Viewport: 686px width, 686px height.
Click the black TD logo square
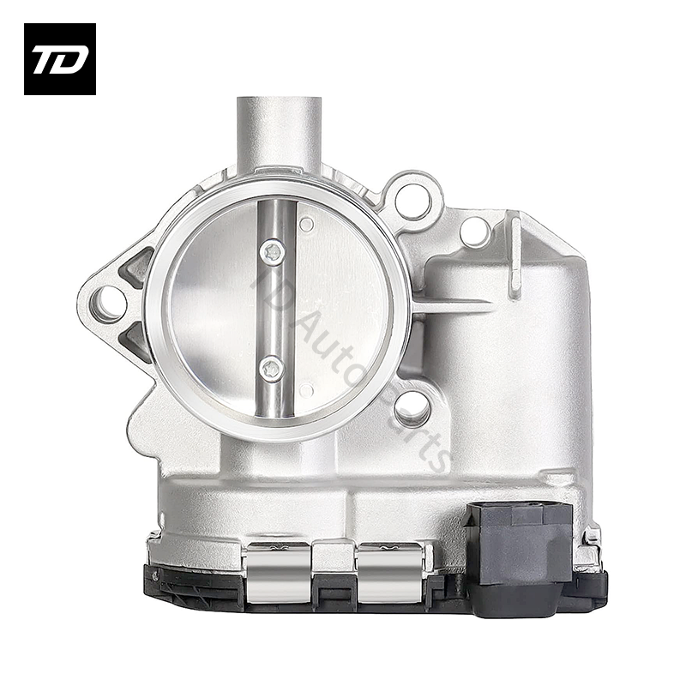coord(59,58)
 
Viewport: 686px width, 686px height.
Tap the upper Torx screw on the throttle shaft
coord(273,250)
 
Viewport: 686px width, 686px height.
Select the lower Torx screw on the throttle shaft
coord(270,368)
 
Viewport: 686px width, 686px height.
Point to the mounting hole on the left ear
coord(110,304)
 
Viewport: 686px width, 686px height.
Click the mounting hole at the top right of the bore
coord(412,200)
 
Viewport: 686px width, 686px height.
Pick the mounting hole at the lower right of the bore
coord(412,406)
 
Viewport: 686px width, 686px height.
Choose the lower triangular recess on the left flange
coord(137,342)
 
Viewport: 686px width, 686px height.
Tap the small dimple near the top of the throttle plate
coord(306,225)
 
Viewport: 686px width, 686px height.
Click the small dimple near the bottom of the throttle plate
coord(306,391)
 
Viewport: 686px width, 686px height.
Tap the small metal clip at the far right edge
coord(592,539)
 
